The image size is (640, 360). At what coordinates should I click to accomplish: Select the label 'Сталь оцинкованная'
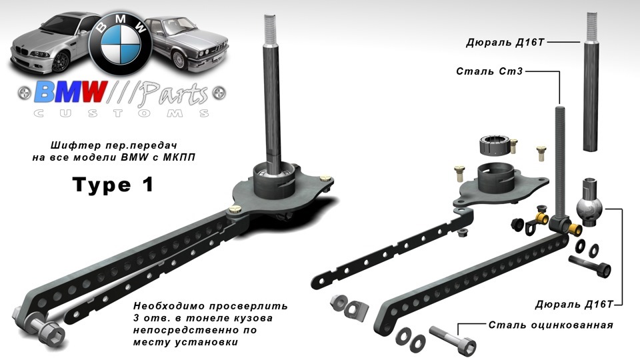[x=551, y=325]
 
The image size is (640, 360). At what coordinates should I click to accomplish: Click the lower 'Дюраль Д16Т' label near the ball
[x=575, y=304]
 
